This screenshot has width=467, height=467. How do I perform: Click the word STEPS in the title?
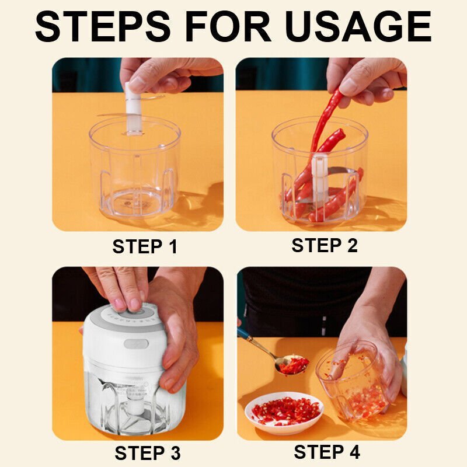click(x=103, y=27)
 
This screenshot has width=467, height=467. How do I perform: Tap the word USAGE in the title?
click(x=358, y=27)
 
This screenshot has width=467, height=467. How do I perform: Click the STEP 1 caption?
click(x=145, y=246)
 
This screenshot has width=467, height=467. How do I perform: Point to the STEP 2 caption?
click(x=325, y=245)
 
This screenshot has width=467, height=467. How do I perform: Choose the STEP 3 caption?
click(x=148, y=453)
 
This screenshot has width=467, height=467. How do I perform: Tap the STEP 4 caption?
click(x=327, y=452)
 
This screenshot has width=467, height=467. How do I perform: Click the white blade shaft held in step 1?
click(x=133, y=109)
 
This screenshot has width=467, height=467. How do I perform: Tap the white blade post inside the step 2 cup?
click(x=319, y=176)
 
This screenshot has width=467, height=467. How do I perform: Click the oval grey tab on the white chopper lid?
click(x=136, y=344)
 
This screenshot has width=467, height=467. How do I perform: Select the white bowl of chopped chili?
click(x=284, y=413)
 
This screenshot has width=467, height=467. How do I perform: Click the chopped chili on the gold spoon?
click(x=294, y=364)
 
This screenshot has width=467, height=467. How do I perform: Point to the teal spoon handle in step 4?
click(x=245, y=335)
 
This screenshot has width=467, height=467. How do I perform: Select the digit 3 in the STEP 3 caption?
click(x=176, y=454)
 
